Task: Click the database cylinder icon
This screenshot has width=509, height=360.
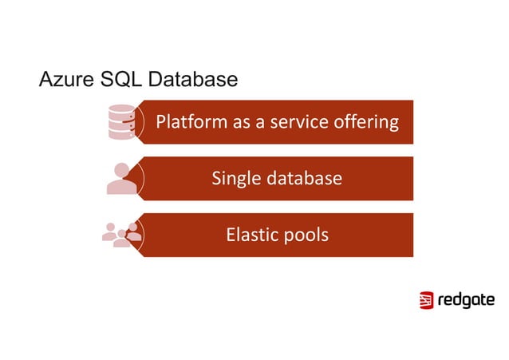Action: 121,122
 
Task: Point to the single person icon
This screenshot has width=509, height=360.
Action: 122,179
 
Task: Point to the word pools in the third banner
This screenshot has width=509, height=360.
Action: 306,235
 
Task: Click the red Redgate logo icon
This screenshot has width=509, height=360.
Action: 426,300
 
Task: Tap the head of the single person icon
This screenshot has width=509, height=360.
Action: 123,170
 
